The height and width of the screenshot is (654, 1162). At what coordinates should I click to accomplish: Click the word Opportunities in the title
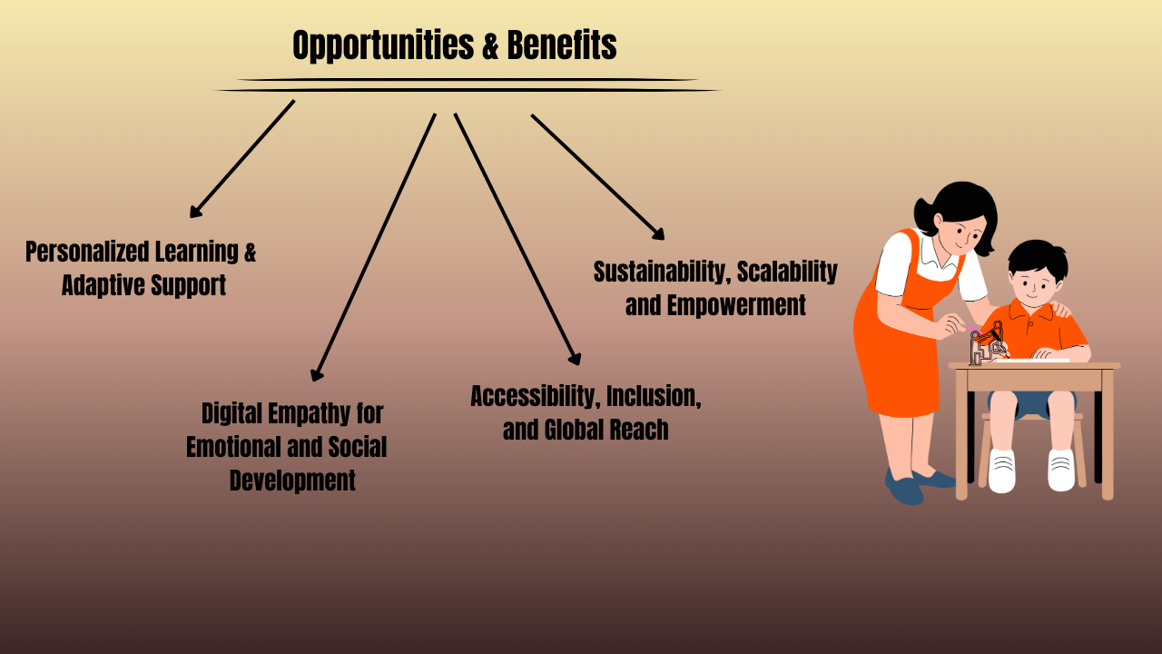click(384, 45)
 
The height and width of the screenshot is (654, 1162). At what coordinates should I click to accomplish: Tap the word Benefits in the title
click(562, 45)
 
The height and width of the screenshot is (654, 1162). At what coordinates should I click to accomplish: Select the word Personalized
click(86, 253)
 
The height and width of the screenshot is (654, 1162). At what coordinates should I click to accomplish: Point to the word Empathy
click(306, 414)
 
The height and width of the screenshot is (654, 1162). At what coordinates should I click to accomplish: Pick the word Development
click(292, 481)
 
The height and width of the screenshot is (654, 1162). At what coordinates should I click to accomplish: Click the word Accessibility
click(533, 397)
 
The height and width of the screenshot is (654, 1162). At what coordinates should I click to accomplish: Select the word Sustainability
click(661, 272)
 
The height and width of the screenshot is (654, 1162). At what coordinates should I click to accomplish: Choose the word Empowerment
click(736, 305)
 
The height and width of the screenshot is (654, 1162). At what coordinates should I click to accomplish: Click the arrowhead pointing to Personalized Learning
click(194, 213)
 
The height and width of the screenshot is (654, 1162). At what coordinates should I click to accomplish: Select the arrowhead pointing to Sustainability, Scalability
click(660, 235)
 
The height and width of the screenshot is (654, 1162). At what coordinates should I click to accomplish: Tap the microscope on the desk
click(986, 344)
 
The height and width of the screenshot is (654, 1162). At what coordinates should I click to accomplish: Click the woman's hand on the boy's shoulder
click(1060, 310)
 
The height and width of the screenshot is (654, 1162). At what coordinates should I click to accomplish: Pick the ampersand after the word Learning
click(250, 253)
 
